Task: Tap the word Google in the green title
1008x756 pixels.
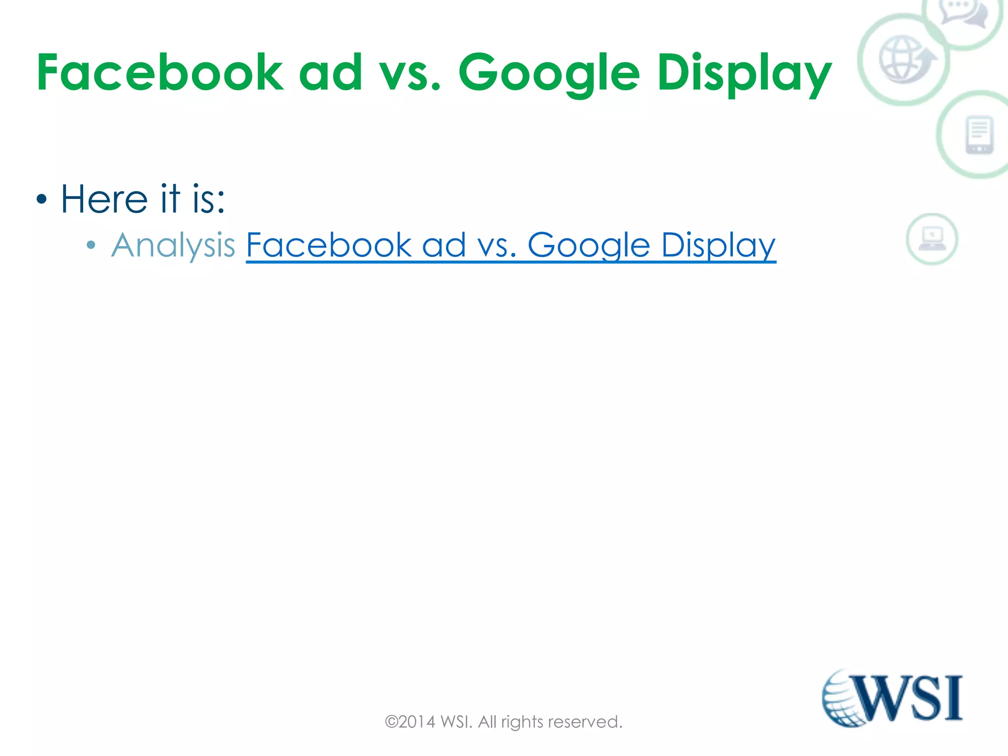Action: [x=549, y=74]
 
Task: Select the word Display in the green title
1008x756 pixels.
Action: [x=744, y=74]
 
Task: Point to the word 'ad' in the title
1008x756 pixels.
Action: [x=330, y=73]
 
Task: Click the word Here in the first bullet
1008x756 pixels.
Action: [x=104, y=199]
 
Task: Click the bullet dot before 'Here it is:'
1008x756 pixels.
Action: [x=42, y=200]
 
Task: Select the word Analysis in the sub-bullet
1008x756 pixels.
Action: [x=173, y=245]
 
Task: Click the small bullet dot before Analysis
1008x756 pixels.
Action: [x=91, y=245]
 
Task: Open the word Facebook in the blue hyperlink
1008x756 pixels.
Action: [x=328, y=245]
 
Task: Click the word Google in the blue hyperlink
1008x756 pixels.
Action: [x=589, y=245]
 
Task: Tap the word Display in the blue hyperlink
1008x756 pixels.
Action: [x=718, y=245]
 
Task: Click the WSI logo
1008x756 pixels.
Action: [x=892, y=698]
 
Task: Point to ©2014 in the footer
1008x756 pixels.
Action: [x=410, y=722]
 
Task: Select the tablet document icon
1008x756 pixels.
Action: [x=979, y=135]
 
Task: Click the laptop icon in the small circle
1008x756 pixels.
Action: [x=932, y=239]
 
